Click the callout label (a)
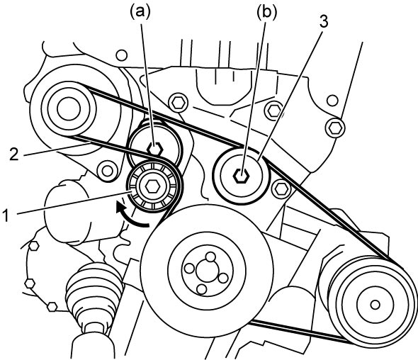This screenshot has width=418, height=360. coord(140,12)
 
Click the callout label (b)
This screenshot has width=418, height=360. coord(266,12)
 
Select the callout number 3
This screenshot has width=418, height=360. coord(324,22)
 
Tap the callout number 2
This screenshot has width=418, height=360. coord(14,154)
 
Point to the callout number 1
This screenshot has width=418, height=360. coord(6,215)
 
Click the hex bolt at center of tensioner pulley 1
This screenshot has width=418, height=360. coord(152,186)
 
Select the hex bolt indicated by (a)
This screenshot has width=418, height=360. coord(155,149)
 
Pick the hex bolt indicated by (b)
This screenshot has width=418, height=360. coord(242,176)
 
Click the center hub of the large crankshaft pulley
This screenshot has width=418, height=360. coord(208,271)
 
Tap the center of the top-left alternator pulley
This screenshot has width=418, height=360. coord(69,109)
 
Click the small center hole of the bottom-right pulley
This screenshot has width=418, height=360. coord(375,305)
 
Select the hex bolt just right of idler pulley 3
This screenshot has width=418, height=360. coord(281,189)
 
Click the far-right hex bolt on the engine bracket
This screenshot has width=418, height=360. coord(335,128)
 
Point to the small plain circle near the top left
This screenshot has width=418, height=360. coord(122,55)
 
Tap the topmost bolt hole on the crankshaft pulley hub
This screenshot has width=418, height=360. coord(210,257)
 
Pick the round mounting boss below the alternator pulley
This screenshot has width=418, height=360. coord(107,171)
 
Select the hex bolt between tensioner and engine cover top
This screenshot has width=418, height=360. coord(178,102)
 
